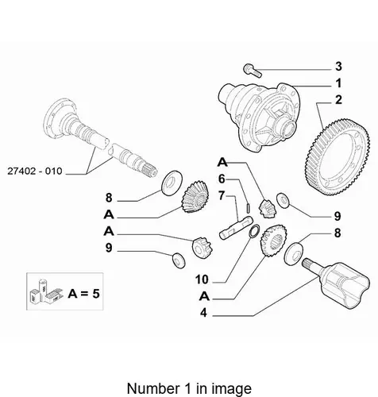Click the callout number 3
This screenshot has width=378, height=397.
point(338,67)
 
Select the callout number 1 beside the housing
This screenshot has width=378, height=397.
point(338,83)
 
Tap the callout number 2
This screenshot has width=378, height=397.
point(338,100)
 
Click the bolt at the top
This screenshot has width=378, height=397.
point(253,71)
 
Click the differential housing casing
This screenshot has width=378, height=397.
point(260,118)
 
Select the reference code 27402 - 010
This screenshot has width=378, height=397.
point(35,171)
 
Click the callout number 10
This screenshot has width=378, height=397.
point(202,279)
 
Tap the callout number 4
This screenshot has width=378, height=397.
point(203,313)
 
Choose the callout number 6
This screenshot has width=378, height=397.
point(222,179)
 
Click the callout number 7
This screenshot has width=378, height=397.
point(222,196)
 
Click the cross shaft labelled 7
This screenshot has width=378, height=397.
point(236,228)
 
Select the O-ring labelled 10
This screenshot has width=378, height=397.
point(254,231)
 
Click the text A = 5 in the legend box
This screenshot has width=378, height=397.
point(83,294)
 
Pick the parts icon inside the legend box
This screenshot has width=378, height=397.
point(45,291)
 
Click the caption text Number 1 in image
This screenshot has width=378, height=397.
point(189,388)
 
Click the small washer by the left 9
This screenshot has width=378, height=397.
point(179,260)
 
